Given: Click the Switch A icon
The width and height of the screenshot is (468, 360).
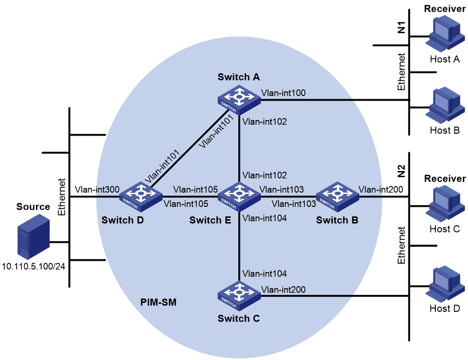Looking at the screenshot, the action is click(239, 100).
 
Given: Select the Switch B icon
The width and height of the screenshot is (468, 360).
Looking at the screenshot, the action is click(337, 197).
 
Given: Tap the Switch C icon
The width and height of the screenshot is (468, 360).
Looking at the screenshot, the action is click(239, 296).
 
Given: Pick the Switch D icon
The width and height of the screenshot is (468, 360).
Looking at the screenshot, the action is click(141, 197).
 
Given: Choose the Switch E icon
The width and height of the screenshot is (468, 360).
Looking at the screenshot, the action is click(239, 197).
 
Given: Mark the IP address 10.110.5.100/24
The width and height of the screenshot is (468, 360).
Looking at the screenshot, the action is click(34, 266).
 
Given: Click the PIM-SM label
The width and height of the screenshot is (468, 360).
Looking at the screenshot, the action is click(158, 302).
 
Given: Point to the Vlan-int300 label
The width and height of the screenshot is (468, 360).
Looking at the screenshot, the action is click(97, 189).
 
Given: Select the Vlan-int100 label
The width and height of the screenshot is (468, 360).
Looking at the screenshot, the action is click(283, 93).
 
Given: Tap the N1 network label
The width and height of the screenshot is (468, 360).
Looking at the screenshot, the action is click(401, 27).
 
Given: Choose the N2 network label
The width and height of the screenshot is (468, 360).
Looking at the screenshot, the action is click(401, 171).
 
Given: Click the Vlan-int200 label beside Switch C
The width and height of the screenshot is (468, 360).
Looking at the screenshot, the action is click(283, 290).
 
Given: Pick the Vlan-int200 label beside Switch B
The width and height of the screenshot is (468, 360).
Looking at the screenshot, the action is click(381, 189).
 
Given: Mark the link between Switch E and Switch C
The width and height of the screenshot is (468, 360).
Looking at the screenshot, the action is click(239, 246).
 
